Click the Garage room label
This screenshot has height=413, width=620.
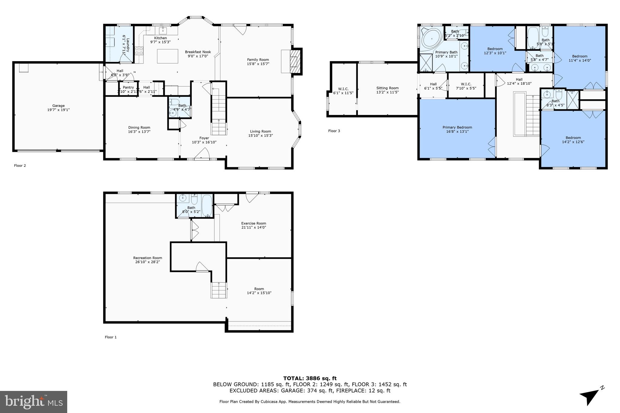(x=58, y=106)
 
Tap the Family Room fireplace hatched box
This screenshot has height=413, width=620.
(x=294, y=62)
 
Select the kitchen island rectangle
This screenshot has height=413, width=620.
(x=167, y=56)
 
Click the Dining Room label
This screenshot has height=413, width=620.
(x=139, y=128)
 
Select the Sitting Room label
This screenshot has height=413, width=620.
(x=387, y=88)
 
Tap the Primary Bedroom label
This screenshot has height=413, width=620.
(x=457, y=127)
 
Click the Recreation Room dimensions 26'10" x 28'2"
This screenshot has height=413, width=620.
(x=147, y=262)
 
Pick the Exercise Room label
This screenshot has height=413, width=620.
(x=253, y=223)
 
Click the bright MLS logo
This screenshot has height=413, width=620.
(x=34, y=402)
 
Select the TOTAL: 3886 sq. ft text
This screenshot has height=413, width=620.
(x=310, y=378)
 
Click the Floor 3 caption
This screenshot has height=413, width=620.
(x=334, y=131)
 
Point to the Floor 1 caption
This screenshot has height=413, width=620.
(x=110, y=337)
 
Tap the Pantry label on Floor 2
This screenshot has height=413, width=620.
(x=128, y=87)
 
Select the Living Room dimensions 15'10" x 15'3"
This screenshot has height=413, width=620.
(x=260, y=136)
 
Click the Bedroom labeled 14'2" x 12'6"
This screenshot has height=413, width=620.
(x=573, y=138)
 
